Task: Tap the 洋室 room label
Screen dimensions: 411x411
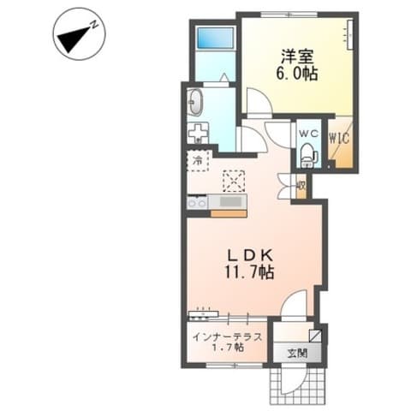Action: [297, 57]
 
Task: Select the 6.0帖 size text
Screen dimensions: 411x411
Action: [297, 74]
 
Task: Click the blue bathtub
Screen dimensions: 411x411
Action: [216, 38]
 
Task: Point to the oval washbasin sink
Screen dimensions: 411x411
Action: [195, 102]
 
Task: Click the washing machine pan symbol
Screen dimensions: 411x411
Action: [198, 133]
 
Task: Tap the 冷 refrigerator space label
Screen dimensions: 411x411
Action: [197, 160]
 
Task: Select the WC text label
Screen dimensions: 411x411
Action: [308, 133]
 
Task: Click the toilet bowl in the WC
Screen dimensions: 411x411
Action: [307, 155]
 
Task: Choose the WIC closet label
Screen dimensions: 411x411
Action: [339, 139]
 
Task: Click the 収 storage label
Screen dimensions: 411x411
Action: [301, 186]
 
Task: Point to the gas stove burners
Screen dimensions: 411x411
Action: [197, 203]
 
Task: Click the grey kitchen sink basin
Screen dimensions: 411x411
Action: [230, 202]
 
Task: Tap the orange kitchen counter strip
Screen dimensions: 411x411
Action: [229, 214]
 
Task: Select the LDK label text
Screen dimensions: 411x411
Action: [250, 255]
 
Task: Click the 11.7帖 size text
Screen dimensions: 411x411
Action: [249, 272]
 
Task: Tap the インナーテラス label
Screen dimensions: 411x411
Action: [227, 337]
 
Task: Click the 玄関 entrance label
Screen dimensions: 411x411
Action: [297, 354]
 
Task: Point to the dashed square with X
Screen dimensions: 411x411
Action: [234, 182]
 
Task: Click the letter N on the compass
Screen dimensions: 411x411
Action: [94, 25]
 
